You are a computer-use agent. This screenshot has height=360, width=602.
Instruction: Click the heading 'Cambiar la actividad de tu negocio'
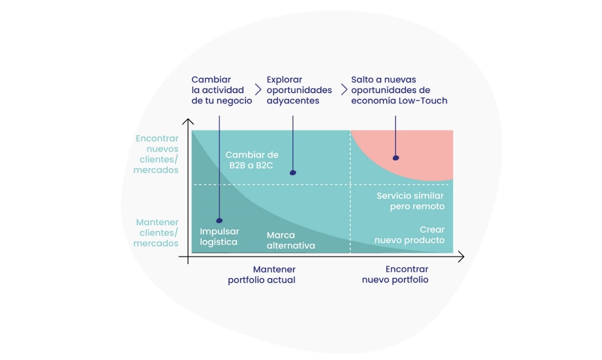coord(222,90)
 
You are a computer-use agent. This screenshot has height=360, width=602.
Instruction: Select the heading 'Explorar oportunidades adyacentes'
coord(299,90)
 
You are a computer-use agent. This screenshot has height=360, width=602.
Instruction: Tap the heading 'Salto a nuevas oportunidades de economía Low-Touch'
coord(399,90)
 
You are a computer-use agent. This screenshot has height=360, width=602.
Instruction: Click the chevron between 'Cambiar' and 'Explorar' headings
coord(258,89)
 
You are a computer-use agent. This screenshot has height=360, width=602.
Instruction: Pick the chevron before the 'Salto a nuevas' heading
coord(344,89)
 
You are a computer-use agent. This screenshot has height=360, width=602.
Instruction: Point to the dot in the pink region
coord(396,158)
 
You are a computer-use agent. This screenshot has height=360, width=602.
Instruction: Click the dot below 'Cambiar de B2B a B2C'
coord(292,173)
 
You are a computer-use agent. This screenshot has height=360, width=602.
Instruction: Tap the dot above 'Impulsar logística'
coord(219,221)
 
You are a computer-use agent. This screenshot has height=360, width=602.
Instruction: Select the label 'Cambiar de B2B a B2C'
coord(252,160)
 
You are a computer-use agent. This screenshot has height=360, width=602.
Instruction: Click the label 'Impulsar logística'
coord(219,236)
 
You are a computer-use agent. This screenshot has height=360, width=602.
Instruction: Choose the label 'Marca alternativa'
coord(291,240)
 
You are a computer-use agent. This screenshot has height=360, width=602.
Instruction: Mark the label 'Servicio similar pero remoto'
coord(410,201)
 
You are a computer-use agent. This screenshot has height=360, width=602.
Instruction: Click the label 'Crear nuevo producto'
coord(409,235)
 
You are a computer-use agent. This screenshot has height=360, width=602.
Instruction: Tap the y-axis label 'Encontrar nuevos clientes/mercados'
coord(156,154)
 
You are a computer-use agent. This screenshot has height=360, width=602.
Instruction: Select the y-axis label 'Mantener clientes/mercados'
coord(156,233)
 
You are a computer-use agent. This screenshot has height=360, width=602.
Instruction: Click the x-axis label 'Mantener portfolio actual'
coord(261,275)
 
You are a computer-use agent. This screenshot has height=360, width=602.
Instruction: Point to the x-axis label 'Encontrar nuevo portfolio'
coord(395,275)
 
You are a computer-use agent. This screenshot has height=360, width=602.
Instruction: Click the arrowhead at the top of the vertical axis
coord(188,122)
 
